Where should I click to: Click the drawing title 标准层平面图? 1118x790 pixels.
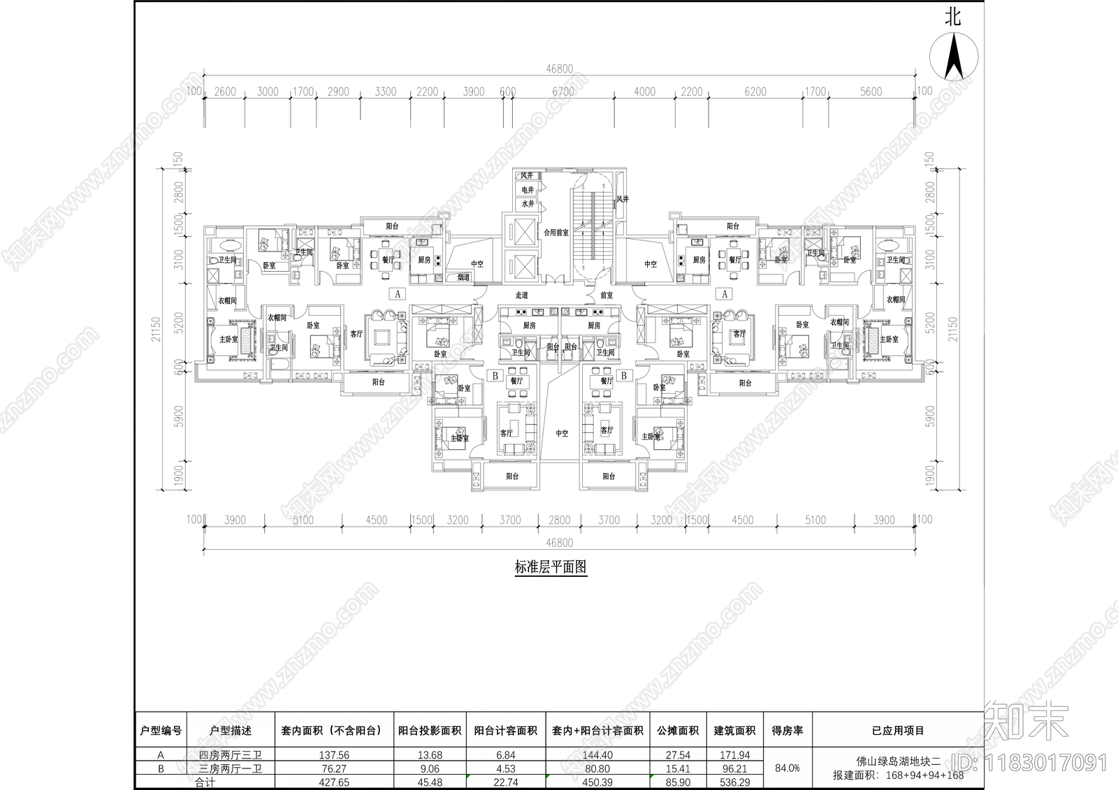click(551, 567)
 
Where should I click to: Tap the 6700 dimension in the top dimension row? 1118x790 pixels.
click(562, 92)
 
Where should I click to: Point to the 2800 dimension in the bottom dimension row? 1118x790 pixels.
click(559, 520)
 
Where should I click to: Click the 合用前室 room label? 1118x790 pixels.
click(556, 233)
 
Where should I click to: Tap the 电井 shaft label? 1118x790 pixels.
click(528, 190)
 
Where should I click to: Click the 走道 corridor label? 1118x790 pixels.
click(521, 295)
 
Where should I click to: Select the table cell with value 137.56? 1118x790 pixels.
click(334, 755)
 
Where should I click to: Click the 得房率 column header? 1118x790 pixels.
click(787, 731)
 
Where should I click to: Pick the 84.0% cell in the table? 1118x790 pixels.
click(787, 768)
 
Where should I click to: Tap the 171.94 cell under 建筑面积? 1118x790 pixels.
click(734, 755)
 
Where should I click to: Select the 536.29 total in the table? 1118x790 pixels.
click(734, 782)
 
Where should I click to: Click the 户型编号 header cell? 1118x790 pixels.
click(161, 731)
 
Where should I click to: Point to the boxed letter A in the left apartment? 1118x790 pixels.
click(398, 294)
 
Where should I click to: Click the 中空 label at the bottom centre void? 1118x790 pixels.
click(562, 434)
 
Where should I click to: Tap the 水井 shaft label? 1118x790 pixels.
click(528, 204)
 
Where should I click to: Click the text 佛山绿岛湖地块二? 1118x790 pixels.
click(899, 761)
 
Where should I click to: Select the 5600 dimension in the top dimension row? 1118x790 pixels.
click(871, 92)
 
